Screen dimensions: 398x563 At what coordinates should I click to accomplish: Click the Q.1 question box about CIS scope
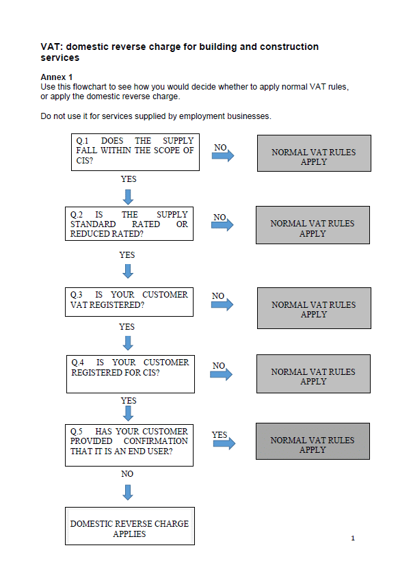pos(135,153)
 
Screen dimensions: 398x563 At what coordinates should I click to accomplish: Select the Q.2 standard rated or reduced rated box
pos(129,224)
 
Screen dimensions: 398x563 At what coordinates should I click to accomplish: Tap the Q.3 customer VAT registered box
pos(129,302)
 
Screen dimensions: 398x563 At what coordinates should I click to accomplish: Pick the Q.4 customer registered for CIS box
pos(131,374)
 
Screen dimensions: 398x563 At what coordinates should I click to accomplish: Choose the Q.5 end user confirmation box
pos(129,445)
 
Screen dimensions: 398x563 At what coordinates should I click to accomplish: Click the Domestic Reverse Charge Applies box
pos(130,526)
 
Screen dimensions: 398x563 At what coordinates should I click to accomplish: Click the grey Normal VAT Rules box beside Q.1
pos(314,153)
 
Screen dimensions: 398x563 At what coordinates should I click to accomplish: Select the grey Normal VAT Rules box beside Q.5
pos(313,441)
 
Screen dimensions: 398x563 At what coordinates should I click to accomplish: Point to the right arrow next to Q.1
pos(223,155)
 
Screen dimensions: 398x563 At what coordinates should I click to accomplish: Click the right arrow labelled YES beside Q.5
pos(224,443)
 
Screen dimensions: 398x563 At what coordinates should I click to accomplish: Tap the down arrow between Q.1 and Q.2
pos(128,197)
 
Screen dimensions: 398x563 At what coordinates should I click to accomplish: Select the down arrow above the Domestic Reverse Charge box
pos(128,493)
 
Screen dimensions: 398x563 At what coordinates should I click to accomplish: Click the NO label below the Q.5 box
pos(127,474)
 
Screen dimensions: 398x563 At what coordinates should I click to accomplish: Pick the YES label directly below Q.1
pos(129,179)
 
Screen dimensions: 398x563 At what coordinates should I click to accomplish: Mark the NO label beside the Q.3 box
pos(218,296)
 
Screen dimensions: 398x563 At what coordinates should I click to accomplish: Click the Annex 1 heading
pos(56,77)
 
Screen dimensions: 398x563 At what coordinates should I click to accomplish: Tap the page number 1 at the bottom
pos(353,538)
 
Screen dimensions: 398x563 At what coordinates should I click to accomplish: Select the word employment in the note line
pos(202,116)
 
